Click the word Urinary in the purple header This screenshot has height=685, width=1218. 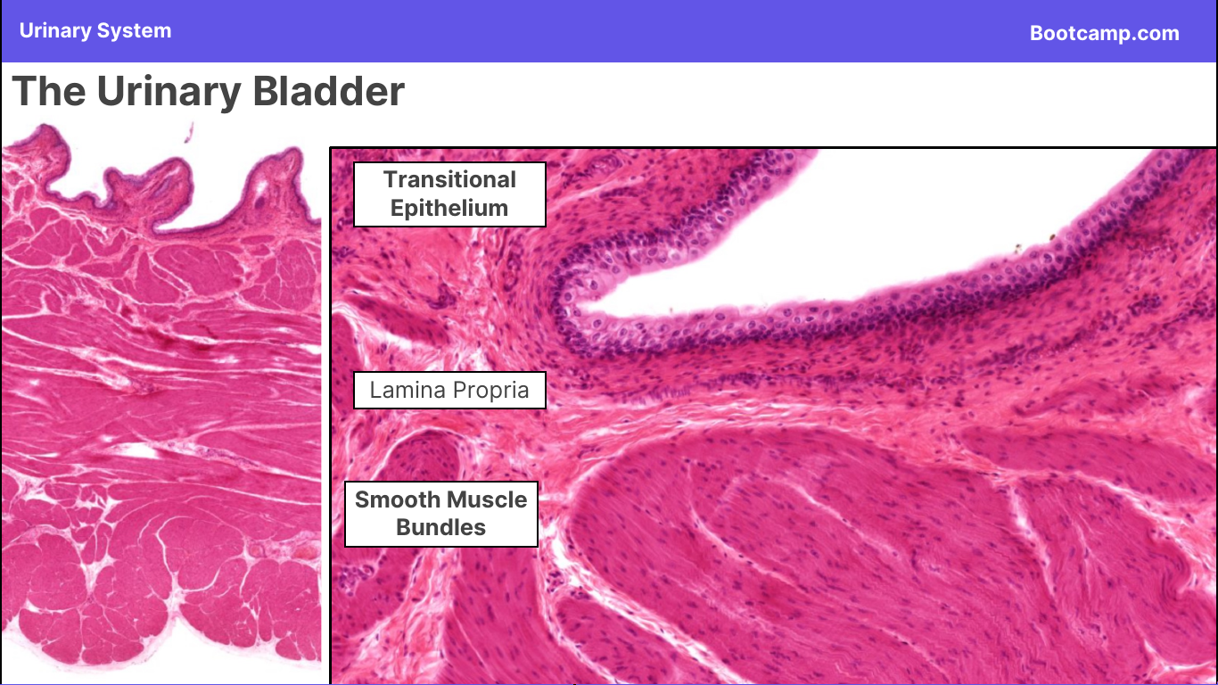click(55, 31)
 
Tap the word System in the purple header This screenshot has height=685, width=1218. click(135, 31)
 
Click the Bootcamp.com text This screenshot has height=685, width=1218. click(1105, 34)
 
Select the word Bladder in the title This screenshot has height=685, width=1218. click(329, 91)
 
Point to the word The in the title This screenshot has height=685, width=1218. click(49, 91)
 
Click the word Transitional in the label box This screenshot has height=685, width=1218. click(449, 179)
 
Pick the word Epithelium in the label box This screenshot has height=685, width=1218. click(449, 209)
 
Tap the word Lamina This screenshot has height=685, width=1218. click(407, 390)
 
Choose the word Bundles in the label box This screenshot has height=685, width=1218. click(441, 527)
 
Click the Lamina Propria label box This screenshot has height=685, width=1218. click(449, 390)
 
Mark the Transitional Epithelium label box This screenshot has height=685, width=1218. click(449, 194)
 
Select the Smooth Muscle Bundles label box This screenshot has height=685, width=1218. click(441, 514)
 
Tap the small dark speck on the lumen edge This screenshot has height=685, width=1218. click(1053, 237)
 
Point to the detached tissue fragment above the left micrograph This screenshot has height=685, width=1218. click(189, 133)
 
